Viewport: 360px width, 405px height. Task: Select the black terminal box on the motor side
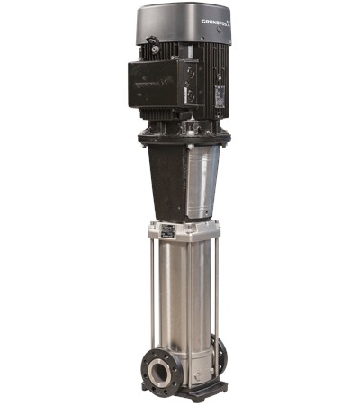[162, 82]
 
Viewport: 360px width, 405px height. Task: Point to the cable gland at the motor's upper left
[154, 43]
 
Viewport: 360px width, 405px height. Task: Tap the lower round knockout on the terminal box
[190, 95]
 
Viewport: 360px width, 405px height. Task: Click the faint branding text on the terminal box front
[154, 80]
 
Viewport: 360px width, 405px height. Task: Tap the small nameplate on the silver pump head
[166, 231]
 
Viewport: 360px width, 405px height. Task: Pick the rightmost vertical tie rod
[216, 288]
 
